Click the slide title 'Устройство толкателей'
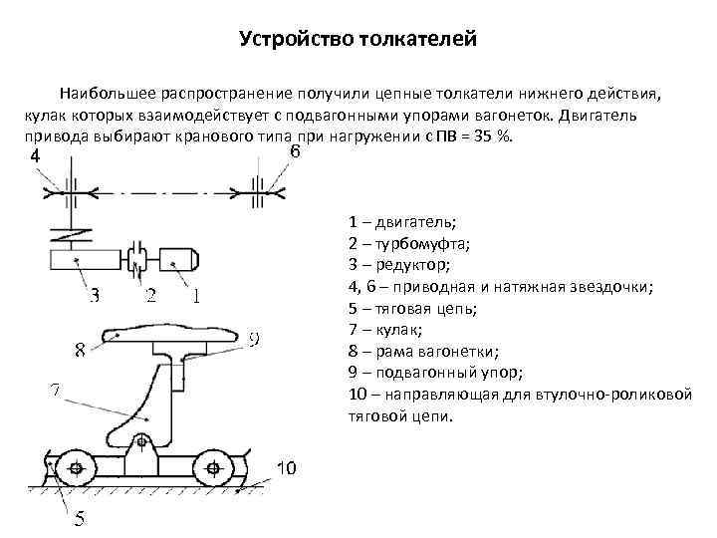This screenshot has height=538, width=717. pos(358,41)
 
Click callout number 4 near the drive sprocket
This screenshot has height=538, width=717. pos(36,157)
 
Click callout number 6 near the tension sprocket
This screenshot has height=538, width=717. pos(296,152)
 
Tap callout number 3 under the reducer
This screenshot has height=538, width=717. pos(96,296)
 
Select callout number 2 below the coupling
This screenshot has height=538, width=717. pos(150,296)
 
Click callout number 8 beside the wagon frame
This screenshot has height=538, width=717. pos(81,350)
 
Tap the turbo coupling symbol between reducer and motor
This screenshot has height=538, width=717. pos(138,259)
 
